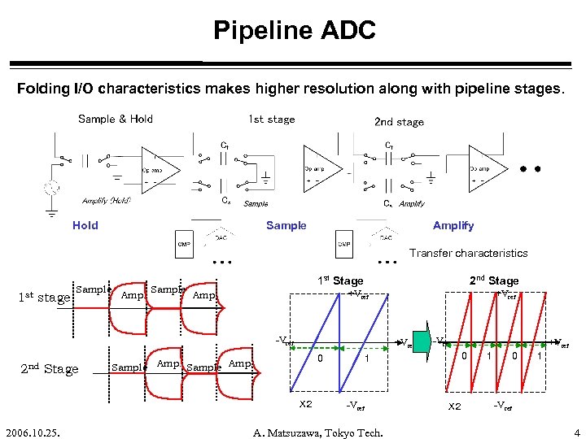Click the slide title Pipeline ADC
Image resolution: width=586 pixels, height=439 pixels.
pyautogui.click(x=294, y=31)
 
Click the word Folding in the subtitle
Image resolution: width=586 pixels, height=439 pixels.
pyautogui.click(x=42, y=89)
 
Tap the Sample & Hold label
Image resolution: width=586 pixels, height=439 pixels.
pyautogui.click(x=116, y=119)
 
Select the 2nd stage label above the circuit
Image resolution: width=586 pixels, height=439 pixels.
pyautogui.click(x=399, y=122)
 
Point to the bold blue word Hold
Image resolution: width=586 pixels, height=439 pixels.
pyautogui.click(x=85, y=225)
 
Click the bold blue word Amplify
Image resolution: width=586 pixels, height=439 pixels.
pyautogui.click(x=453, y=225)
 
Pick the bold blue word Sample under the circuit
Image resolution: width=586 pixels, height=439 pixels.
pyautogui.click(x=286, y=225)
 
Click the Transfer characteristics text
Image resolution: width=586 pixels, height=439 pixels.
pyautogui.click(x=469, y=253)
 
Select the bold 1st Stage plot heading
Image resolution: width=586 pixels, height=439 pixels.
pyautogui.click(x=340, y=280)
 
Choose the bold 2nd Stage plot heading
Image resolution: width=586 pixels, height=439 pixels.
pyautogui.click(x=494, y=280)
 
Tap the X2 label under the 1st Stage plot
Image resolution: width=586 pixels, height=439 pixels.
pyautogui.click(x=306, y=404)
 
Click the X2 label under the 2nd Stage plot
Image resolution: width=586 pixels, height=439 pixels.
pyautogui.click(x=455, y=405)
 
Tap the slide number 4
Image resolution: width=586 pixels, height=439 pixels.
pyautogui.click(x=576, y=432)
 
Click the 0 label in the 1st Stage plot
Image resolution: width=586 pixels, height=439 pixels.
pyautogui.click(x=321, y=358)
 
